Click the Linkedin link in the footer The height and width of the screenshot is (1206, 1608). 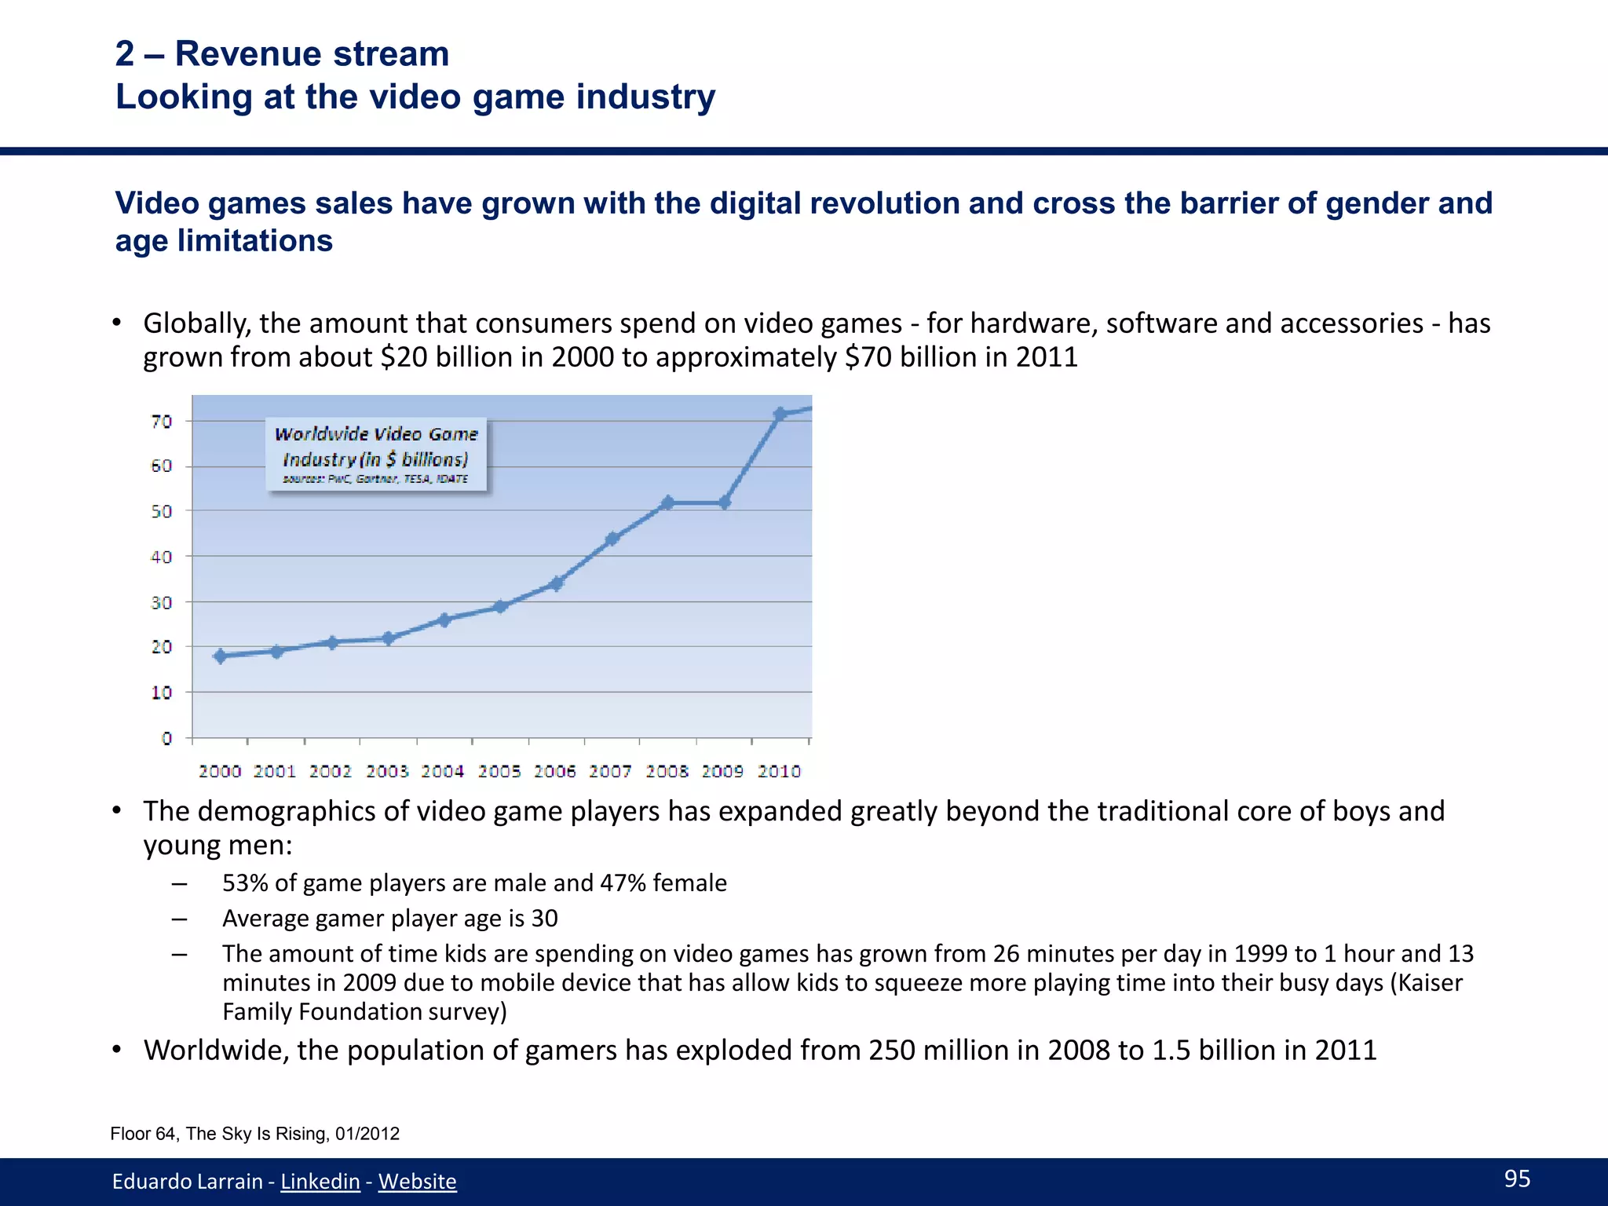click(320, 1181)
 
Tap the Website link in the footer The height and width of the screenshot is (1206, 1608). click(417, 1181)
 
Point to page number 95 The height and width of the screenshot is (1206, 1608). click(1517, 1179)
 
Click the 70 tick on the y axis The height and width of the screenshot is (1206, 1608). click(162, 422)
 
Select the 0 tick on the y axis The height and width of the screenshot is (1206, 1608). click(166, 738)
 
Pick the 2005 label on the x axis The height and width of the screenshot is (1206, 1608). click(499, 771)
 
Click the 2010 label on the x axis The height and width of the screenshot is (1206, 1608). click(779, 771)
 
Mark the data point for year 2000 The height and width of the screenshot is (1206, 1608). click(221, 656)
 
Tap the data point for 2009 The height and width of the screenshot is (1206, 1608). click(724, 502)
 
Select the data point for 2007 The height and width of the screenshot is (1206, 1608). click(612, 539)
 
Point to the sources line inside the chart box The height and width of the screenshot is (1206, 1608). click(375, 479)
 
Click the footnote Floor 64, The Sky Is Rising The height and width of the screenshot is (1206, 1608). click(254, 1134)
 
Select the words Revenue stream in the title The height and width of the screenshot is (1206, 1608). click(312, 53)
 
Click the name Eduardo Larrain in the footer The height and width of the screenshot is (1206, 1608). click(187, 1181)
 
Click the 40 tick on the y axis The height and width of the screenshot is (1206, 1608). click(162, 557)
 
